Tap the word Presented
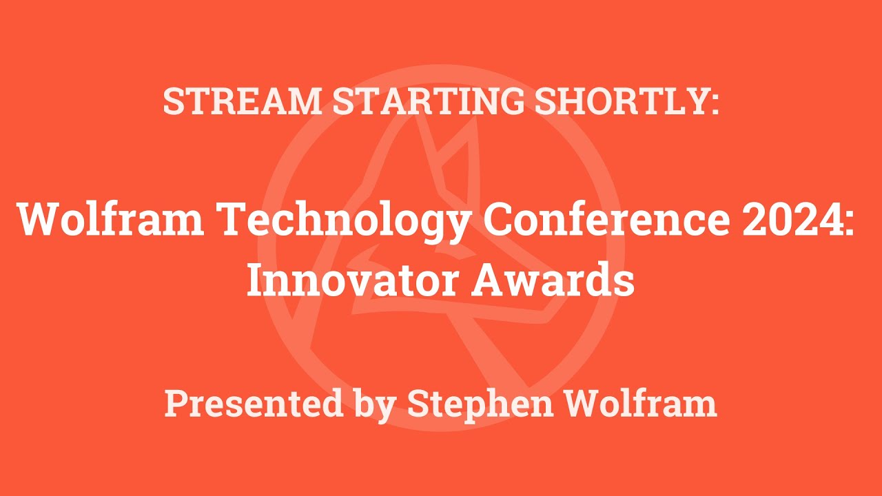(253, 403)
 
